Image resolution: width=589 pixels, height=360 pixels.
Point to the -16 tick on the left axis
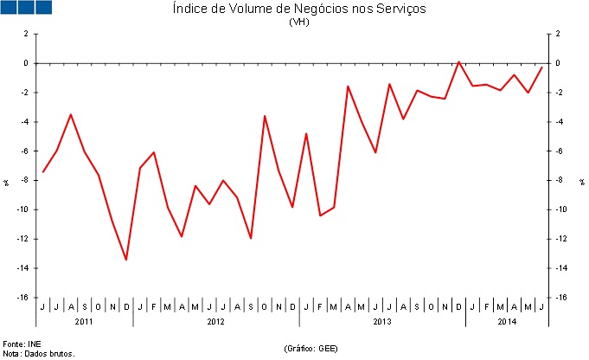[24, 298]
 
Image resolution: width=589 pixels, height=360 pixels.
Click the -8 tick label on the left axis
[26, 180]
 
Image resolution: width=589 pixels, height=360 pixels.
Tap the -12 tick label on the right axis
[560, 239]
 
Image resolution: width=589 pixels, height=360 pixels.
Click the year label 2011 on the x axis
[84, 321]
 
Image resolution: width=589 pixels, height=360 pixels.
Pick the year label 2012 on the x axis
[216, 321]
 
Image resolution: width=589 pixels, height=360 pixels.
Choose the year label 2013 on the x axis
[382, 321]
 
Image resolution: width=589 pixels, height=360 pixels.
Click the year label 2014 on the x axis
[507, 321]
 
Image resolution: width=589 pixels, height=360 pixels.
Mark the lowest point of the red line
[126, 260]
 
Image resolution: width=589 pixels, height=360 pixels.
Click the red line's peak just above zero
[458, 61]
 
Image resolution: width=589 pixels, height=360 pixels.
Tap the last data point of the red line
[541, 67]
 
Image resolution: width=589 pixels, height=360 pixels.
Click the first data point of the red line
[43, 171]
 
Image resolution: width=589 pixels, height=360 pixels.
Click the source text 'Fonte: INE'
[22, 344]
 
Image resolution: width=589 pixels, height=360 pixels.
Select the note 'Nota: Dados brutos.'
[39, 353]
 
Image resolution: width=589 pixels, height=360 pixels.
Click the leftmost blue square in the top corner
[10, 7]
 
